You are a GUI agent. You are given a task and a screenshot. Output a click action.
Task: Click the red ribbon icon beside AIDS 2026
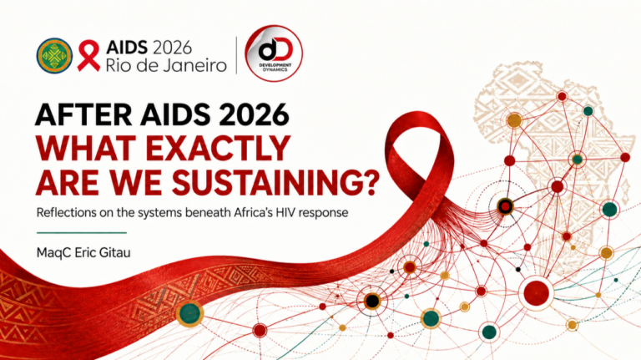(x=88, y=56)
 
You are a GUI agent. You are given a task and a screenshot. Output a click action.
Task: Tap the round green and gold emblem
(x=54, y=56)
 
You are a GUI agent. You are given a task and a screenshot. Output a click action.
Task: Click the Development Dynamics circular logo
(x=274, y=53)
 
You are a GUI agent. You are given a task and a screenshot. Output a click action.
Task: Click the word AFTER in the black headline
(x=83, y=114)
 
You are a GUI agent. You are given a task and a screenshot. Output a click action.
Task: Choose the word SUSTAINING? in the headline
(x=274, y=182)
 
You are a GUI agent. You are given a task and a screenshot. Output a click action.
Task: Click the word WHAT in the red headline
(x=86, y=149)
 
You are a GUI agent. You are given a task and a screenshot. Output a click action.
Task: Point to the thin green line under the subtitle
(x=82, y=233)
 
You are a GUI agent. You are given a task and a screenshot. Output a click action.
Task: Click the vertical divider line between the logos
(x=236, y=55)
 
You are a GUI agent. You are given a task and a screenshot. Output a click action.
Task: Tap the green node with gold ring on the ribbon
(x=190, y=313)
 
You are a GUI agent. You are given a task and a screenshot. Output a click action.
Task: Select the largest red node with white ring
(x=536, y=293)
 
